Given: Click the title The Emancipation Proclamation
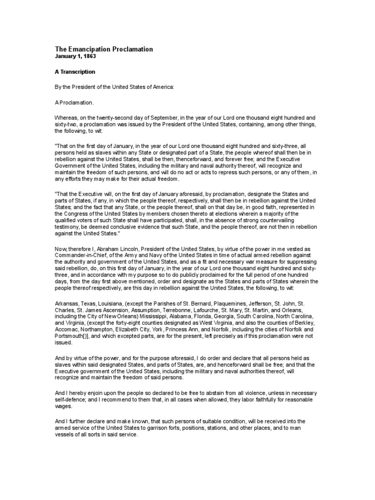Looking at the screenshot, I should (104, 49).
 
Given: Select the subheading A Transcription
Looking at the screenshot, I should (75, 72).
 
